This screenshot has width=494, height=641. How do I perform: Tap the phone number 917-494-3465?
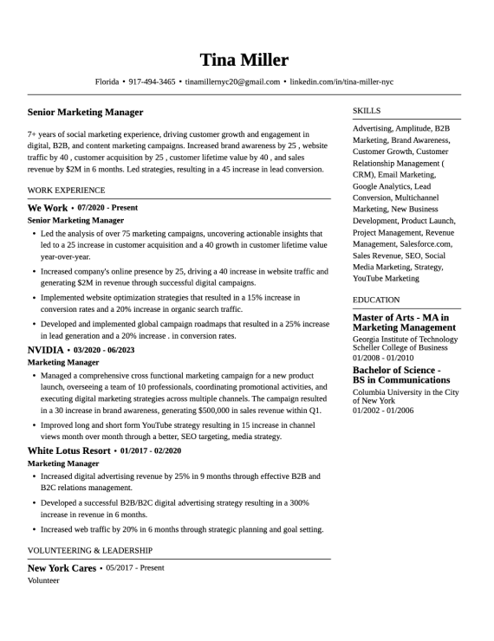tap(152, 82)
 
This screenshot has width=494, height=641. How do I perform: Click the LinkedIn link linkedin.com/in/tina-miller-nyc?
tap(341, 82)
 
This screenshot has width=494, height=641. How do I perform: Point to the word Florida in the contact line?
tap(107, 82)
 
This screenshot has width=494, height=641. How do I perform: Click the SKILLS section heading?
tap(367, 111)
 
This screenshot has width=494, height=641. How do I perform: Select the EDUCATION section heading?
tap(376, 300)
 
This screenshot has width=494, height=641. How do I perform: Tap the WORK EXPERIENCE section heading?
tap(66, 190)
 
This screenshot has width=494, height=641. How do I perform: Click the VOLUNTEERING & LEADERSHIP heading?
tap(90, 550)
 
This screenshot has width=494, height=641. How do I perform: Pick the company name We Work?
tap(48, 208)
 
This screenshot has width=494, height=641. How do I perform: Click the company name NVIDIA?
tap(46, 350)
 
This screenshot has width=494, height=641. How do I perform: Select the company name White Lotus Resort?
tap(69, 451)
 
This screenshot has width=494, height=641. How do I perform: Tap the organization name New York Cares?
tap(62, 568)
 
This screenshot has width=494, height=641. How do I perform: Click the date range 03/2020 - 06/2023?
tap(105, 350)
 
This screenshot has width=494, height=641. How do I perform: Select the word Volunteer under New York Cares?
tap(43, 580)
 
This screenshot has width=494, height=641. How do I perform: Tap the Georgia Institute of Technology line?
tap(405, 340)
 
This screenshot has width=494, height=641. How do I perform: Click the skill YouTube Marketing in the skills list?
tap(386, 279)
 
